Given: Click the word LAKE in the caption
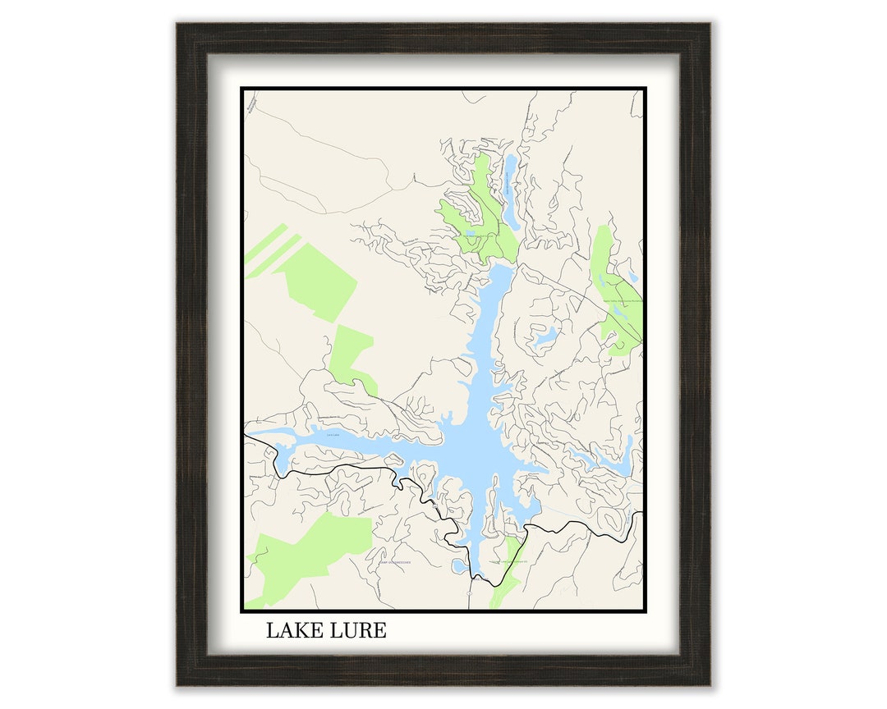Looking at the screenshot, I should [x=292, y=631].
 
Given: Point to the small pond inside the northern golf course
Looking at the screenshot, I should [x=471, y=233].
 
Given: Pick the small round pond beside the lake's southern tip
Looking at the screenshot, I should [x=458, y=565].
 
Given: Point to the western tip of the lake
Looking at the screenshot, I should [x=250, y=432].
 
